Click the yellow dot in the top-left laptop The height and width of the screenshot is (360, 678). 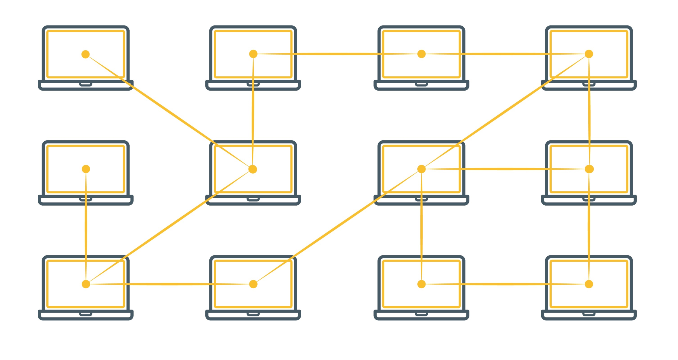pyautogui.click(x=85, y=54)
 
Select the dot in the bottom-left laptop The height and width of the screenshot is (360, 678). pyautogui.click(x=86, y=284)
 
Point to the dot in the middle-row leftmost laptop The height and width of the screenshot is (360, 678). pyautogui.click(x=86, y=169)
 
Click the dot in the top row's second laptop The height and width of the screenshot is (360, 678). pyautogui.click(x=253, y=54)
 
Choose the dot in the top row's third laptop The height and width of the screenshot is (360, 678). pyautogui.click(x=421, y=54)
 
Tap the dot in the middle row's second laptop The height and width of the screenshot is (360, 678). pyautogui.click(x=253, y=169)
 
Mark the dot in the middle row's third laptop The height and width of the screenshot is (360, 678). pyautogui.click(x=421, y=169)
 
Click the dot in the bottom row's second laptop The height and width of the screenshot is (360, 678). pyautogui.click(x=253, y=284)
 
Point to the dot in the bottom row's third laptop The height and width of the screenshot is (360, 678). pyautogui.click(x=421, y=284)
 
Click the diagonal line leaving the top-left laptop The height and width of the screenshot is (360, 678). pyautogui.click(x=168, y=111)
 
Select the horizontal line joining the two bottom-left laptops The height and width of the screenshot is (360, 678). pyautogui.click(x=169, y=284)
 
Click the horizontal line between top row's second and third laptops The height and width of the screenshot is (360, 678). pyautogui.click(x=337, y=54)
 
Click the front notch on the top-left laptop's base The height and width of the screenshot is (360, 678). pyautogui.click(x=85, y=84)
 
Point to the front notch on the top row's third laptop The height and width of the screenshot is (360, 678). pyautogui.click(x=421, y=84)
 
